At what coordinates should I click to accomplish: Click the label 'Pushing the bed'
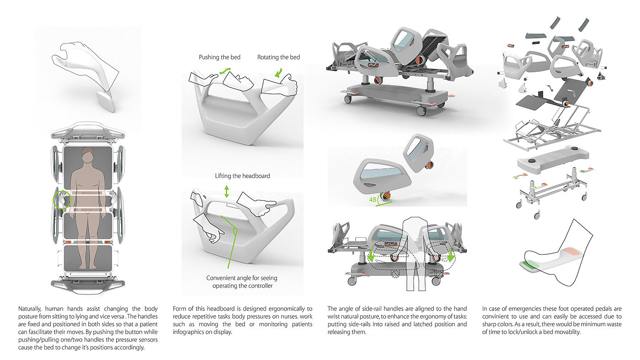pos(219,57)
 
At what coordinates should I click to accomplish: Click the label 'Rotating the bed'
pos(278,57)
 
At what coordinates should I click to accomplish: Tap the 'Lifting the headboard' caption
pos(242,176)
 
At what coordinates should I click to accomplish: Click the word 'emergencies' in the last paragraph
pos(521,309)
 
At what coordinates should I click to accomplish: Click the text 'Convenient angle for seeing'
pos(241,278)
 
